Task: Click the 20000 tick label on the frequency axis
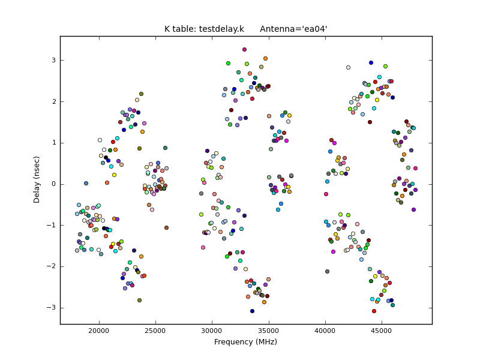[98, 331]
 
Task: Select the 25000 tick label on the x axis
[155, 331]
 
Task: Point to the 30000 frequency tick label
[212, 331]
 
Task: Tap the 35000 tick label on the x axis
[269, 331]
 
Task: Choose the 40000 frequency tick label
[325, 331]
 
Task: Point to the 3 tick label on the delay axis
[53, 60]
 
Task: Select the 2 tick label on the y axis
[53, 101]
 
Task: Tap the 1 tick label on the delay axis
[53, 143]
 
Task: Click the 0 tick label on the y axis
[53, 184]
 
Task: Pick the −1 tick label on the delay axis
[51, 225]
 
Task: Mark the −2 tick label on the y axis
[51, 266]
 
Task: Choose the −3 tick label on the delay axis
[51, 308]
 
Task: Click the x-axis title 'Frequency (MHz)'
[245, 342]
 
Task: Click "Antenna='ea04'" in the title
[293, 29]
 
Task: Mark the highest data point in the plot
[244, 50]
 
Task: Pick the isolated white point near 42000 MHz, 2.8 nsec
[348, 68]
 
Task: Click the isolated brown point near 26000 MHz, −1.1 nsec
[166, 228]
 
